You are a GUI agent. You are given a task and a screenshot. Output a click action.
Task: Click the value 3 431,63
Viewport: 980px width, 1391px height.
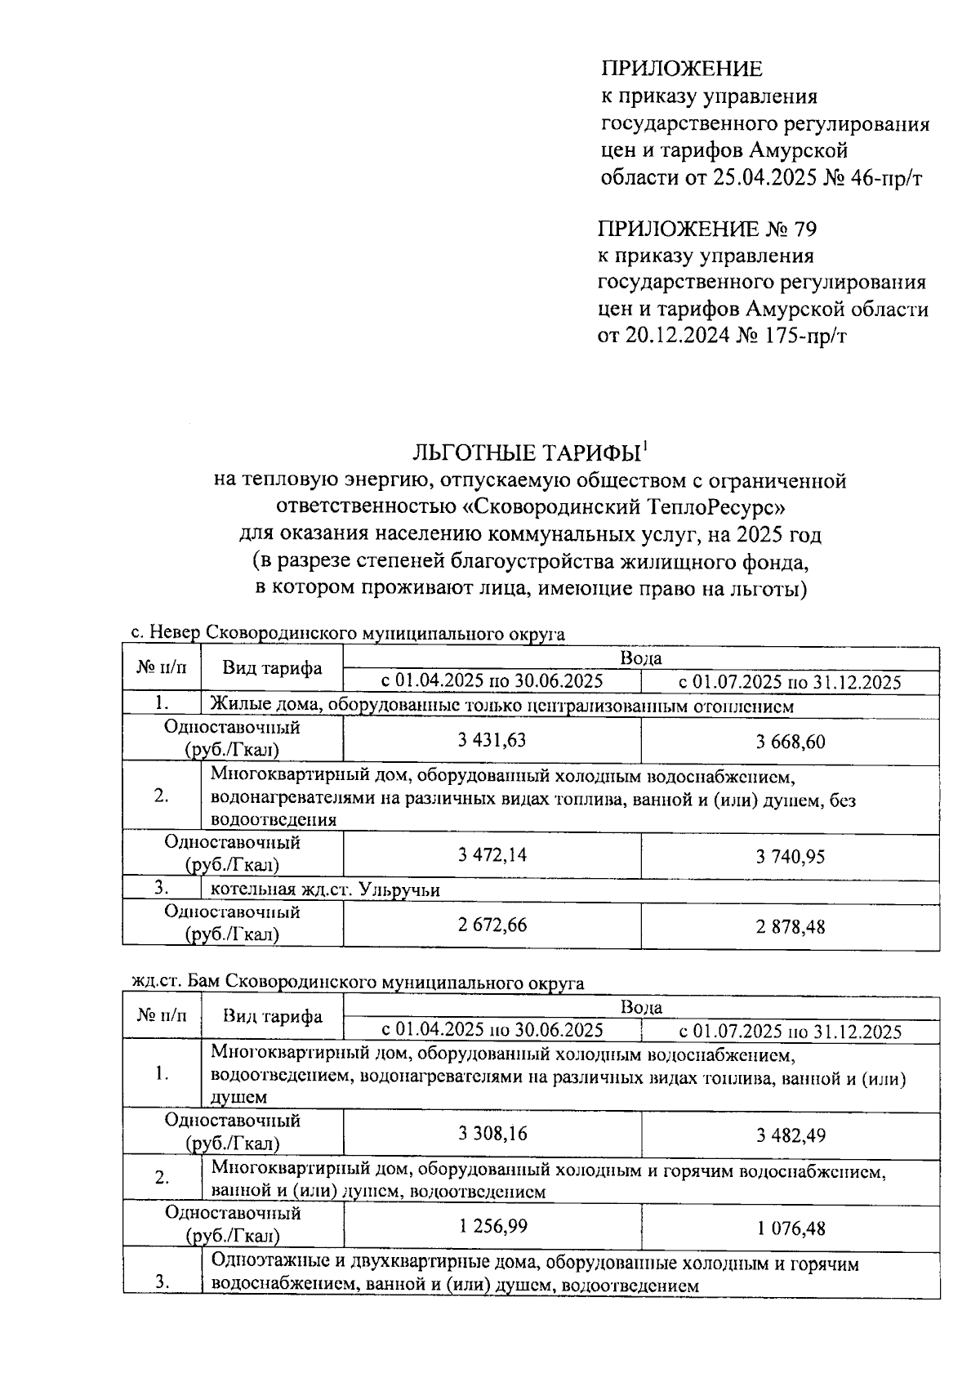(492, 740)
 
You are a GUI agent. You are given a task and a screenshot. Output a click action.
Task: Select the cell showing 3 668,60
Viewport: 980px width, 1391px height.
(790, 742)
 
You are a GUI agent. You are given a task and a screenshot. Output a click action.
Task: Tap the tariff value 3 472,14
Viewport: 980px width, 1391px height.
(492, 854)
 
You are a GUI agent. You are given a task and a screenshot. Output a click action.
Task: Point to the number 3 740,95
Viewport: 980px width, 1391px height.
(790, 856)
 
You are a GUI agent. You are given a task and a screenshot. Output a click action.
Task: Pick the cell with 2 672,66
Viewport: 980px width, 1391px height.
(492, 925)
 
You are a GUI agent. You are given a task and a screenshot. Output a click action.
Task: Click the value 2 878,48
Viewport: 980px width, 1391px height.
(790, 926)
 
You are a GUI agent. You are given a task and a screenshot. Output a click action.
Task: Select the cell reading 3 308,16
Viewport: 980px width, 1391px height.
(492, 1133)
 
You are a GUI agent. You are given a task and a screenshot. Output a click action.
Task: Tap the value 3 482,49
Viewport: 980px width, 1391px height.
(790, 1135)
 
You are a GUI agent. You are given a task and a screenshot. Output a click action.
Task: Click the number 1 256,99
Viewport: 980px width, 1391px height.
(492, 1226)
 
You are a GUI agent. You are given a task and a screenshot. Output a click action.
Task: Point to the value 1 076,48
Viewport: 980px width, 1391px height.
(790, 1228)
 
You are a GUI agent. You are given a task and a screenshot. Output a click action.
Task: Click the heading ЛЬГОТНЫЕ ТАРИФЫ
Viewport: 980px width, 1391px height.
(527, 453)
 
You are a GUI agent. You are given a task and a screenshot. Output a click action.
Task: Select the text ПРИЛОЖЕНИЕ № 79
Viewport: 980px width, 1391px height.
(706, 228)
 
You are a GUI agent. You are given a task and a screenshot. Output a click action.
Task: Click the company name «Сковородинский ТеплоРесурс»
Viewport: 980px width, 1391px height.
(623, 507)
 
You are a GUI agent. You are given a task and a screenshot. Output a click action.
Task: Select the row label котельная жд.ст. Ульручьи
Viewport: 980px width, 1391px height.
(324, 889)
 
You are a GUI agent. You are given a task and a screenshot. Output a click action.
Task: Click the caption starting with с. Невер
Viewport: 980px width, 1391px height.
(348, 634)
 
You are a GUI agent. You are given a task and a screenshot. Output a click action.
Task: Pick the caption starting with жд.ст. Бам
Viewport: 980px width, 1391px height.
(358, 982)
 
